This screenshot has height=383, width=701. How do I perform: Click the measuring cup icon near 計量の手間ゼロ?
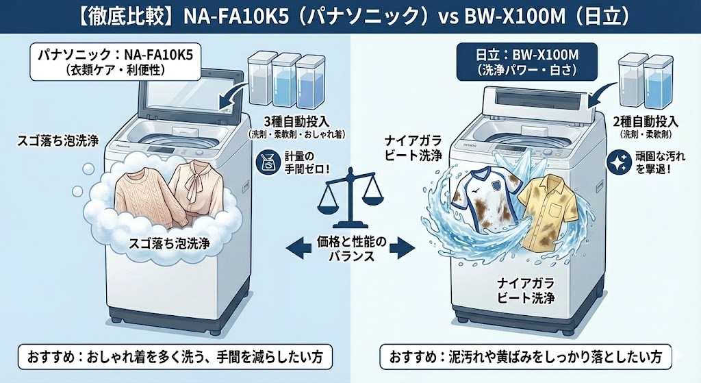(267, 162)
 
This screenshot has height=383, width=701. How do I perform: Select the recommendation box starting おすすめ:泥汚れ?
(525, 358)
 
